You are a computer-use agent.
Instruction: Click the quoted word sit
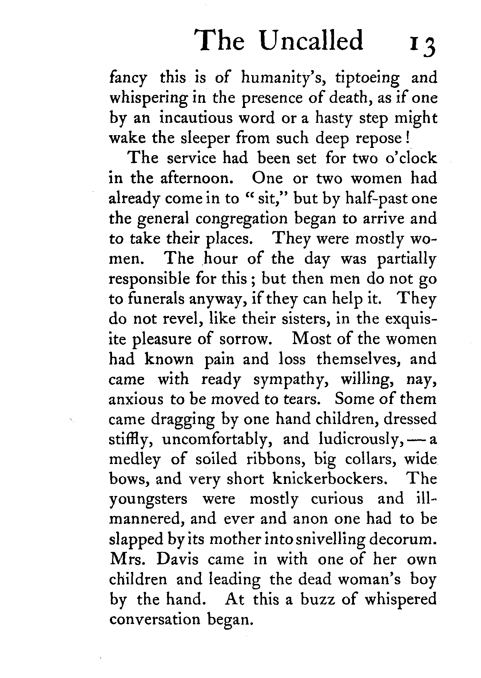coord(265,198)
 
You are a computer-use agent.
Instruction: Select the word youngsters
coord(148,499)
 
